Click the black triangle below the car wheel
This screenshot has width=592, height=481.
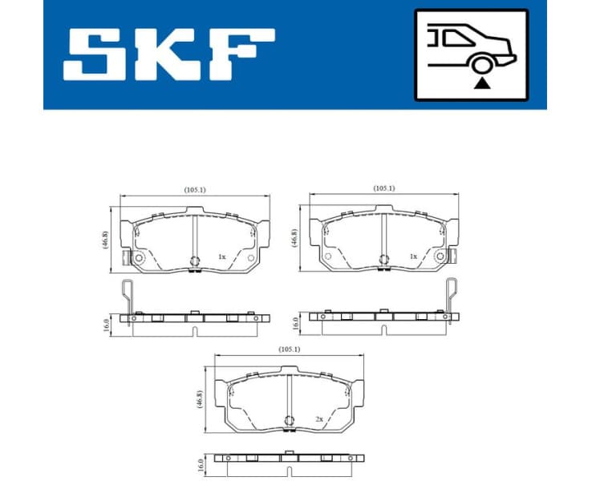tap(480, 82)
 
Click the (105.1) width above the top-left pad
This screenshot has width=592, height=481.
tap(194, 189)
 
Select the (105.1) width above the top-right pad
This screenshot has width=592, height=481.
tap(384, 188)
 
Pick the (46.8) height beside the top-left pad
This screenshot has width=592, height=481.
tap(105, 240)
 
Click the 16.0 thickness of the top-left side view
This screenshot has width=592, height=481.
tap(105, 324)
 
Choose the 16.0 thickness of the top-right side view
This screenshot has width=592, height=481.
tap(295, 324)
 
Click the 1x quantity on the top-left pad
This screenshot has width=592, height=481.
tap(222, 257)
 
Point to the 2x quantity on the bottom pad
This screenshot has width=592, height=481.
tap(318, 418)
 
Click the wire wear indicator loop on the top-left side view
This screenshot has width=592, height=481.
tap(126, 295)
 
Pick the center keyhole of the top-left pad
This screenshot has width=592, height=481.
tap(194, 259)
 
